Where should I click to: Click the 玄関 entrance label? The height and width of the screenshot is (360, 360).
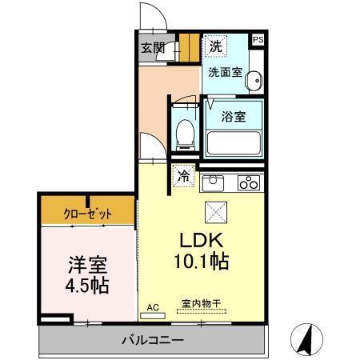click(153, 47)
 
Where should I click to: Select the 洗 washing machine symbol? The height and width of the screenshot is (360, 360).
click(214, 46)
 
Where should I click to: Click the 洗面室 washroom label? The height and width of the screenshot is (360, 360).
click(224, 72)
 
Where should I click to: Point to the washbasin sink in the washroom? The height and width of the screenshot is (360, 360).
click(254, 80)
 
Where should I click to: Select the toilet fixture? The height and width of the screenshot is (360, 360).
click(183, 134)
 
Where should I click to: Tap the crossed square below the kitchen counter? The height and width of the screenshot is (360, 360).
click(217, 211)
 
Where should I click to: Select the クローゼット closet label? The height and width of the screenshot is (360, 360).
click(88, 214)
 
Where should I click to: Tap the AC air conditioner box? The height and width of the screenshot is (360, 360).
click(154, 306)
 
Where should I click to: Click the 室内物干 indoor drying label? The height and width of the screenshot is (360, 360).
click(199, 303)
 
